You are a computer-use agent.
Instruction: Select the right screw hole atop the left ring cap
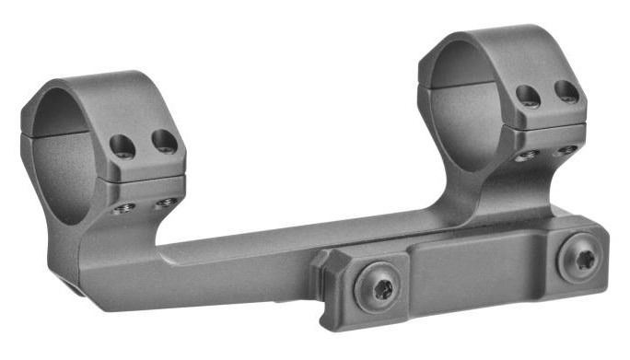[x=164, y=141]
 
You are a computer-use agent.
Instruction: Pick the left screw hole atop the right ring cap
[x=529, y=96]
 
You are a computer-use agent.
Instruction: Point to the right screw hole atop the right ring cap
[x=566, y=91]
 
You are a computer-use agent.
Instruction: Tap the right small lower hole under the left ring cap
[x=167, y=202]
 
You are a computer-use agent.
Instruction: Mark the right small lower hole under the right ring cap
[x=566, y=149]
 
